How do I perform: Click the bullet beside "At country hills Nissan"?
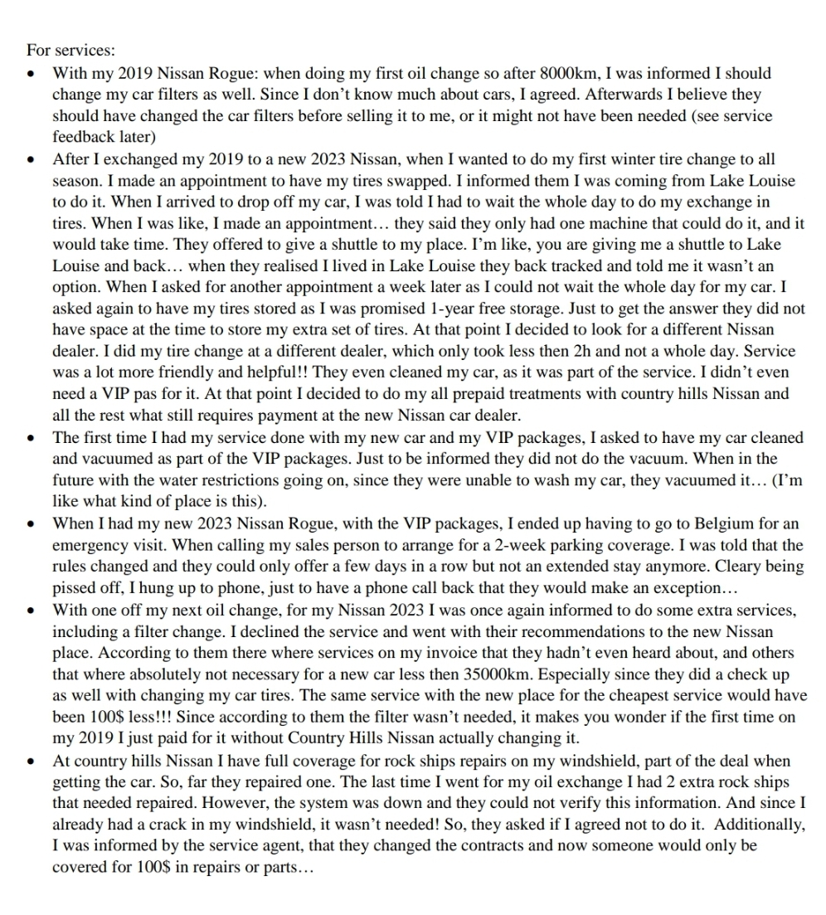point(31,761)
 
